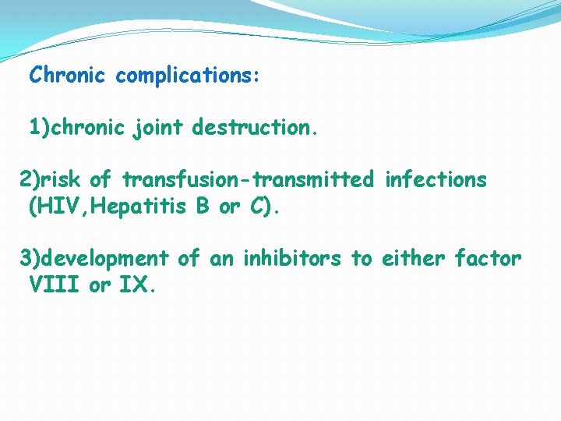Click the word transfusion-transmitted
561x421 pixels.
pos(249,180)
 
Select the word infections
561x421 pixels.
pos(436,180)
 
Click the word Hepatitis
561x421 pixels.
pos(129,207)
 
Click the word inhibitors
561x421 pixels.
pos(292,259)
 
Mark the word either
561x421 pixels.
pos(413,259)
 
